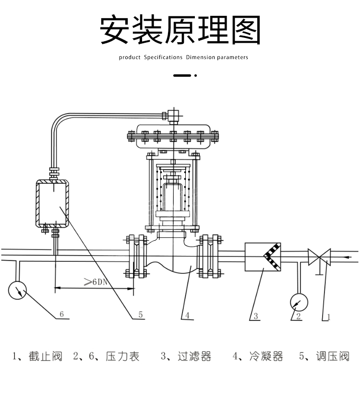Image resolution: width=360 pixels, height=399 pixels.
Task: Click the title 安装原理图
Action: tap(180, 30)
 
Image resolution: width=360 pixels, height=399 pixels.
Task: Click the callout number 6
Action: tap(61, 314)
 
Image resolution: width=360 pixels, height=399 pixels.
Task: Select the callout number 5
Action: tap(141, 315)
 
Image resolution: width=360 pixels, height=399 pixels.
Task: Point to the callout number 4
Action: tap(188, 315)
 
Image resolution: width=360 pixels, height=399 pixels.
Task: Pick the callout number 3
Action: tap(256, 316)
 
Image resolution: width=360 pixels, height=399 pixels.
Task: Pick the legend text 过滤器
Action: tap(194, 356)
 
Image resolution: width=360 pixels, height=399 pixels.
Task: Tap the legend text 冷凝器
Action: tap(266, 356)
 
